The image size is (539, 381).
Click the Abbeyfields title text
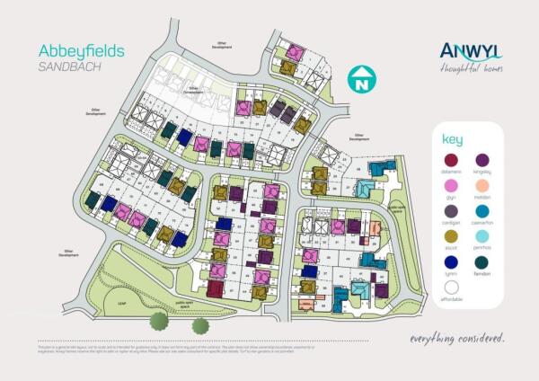click(x=82, y=51)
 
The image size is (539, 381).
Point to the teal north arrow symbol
click(x=360, y=78)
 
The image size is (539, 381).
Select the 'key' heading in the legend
click(x=452, y=139)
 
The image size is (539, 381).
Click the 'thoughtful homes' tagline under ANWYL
click(x=472, y=68)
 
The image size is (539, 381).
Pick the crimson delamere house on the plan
click(x=215, y=288)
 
